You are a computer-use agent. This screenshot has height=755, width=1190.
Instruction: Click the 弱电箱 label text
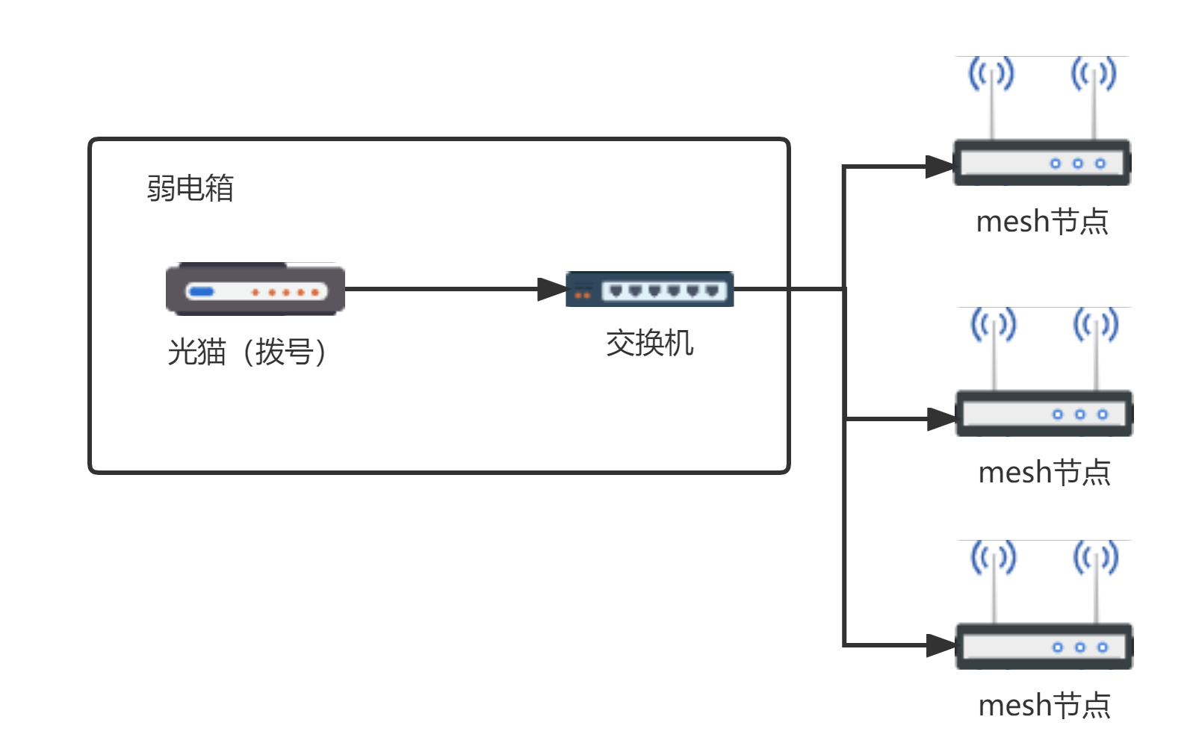point(190,188)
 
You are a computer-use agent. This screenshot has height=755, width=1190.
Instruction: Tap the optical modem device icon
point(255,289)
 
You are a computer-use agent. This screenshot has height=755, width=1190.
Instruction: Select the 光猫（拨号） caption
point(247,352)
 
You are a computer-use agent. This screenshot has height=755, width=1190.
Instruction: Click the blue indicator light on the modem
point(201,292)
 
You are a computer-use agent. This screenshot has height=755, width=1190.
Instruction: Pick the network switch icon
point(650,289)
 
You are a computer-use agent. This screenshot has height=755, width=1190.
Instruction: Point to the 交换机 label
point(650,344)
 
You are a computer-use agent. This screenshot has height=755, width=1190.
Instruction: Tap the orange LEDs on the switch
point(583,295)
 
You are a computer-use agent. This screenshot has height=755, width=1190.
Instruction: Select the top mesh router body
point(1041,162)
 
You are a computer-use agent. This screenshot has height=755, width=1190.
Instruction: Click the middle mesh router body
point(1044,413)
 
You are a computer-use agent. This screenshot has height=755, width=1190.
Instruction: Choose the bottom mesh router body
point(1044,646)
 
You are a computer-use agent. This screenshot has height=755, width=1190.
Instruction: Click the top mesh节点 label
point(1042,222)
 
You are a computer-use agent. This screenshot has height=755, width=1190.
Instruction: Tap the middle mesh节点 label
point(1044,473)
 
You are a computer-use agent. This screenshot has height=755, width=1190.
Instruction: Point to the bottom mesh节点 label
point(1044,706)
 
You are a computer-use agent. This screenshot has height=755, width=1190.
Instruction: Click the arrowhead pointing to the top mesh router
point(938,167)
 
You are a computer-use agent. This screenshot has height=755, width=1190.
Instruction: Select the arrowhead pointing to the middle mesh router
point(940,419)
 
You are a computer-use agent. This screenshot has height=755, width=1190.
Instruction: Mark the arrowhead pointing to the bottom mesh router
point(940,645)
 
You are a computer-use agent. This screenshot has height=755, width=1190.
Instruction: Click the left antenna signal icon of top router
point(991,74)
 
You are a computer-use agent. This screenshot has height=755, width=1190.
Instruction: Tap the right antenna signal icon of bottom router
point(1095,558)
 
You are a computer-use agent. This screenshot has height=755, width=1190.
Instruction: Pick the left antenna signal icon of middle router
point(994,325)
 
